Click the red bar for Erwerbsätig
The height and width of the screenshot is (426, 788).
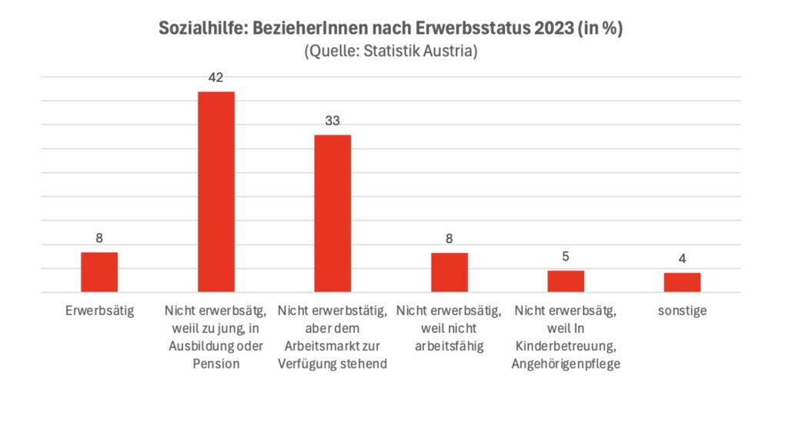coord(99,272)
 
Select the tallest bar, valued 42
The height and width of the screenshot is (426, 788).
coord(216,191)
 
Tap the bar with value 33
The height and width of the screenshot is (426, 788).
coord(332,213)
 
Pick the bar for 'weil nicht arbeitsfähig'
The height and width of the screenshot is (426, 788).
coord(449,272)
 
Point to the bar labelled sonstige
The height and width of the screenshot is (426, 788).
coord(683,282)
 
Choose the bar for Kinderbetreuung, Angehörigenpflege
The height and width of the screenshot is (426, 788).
coord(566,281)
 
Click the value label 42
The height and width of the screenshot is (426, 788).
coord(216,78)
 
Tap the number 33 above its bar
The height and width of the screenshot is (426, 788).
coord(332,121)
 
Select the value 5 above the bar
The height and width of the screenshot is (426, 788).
coord(566,256)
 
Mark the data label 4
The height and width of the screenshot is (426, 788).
coord(683,258)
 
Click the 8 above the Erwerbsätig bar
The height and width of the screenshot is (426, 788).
coord(99,238)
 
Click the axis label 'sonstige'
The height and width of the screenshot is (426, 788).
coord(683,311)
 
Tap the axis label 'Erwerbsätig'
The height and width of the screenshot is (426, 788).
coord(99,311)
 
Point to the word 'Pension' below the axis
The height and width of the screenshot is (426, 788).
coord(216,364)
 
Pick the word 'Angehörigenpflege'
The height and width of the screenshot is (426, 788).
coord(566,364)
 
